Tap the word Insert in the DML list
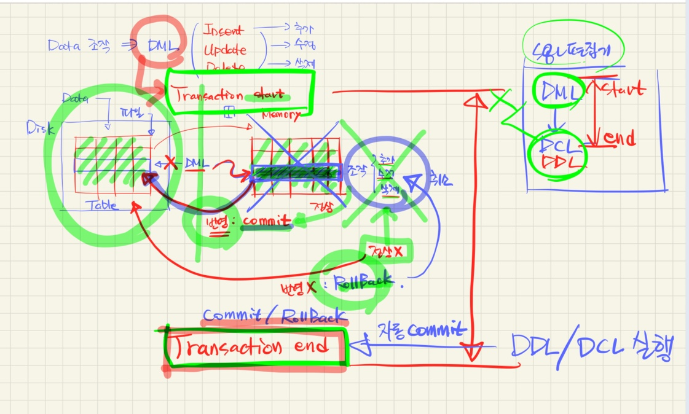222,30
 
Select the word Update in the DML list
225,50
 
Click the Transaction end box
254,348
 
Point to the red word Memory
281,115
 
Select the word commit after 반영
267,221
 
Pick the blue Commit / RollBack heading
274,316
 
